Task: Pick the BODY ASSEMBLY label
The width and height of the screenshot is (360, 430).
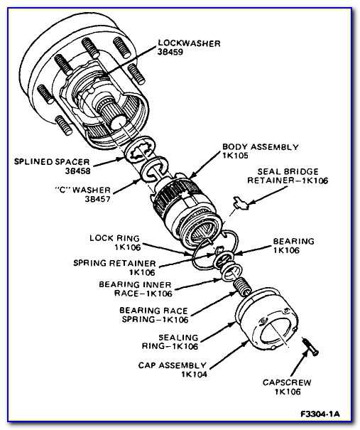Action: [x=260, y=146]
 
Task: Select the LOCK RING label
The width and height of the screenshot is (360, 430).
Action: [x=113, y=237]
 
